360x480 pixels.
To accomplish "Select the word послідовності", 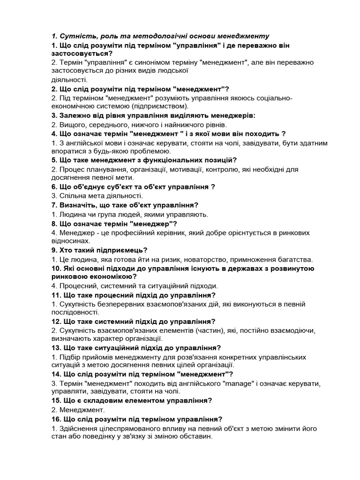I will (x=74, y=312).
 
